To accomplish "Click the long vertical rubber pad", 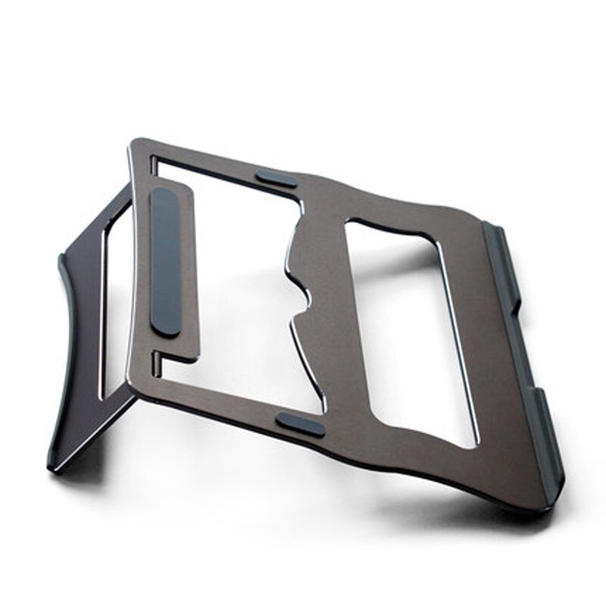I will pyautogui.click(x=166, y=261).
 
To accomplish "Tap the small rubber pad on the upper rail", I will pyautogui.click(x=276, y=179).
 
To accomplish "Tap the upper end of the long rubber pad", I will pyautogui.click(x=162, y=195).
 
